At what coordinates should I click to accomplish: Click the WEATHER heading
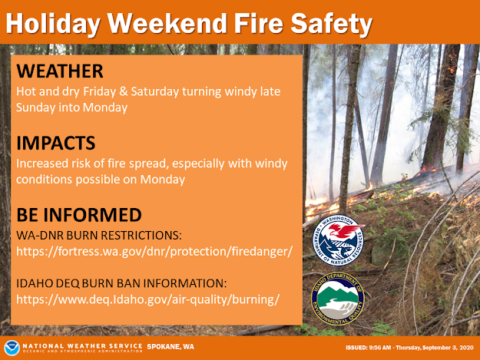point(60,71)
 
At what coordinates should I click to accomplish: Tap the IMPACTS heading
point(56,143)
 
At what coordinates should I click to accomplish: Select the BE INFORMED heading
point(79,214)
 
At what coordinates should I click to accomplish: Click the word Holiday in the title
point(53,24)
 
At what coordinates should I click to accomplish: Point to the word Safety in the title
point(331,24)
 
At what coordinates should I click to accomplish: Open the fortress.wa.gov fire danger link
point(154,252)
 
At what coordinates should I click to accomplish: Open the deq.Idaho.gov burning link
point(148,299)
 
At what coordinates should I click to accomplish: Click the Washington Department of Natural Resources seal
point(338,240)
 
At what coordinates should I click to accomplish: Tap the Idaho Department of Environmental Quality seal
point(338,299)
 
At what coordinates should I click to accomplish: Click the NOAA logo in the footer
point(12,348)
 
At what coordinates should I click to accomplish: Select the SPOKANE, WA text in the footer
point(170,347)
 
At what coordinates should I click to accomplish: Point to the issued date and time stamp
point(409,348)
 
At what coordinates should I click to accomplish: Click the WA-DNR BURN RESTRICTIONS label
point(99,235)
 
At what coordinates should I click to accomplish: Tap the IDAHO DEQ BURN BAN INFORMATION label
point(121,283)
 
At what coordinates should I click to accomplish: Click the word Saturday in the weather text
point(155,92)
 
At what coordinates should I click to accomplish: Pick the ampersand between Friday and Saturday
point(124,91)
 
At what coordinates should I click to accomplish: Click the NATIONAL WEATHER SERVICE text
point(83,346)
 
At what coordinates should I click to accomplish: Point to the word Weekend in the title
point(167,23)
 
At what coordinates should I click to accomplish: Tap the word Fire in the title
point(259,23)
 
